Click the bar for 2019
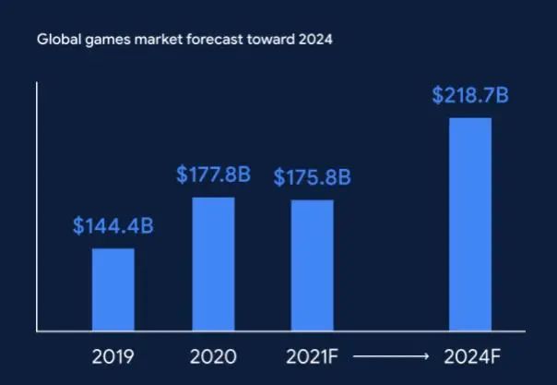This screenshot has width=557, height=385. [x=113, y=289]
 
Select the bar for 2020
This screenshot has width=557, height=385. [x=213, y=264]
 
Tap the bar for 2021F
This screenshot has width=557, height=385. [x=312, y=265]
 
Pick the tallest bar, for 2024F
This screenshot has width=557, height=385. [x=469, y=223]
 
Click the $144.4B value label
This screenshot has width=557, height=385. [x=113, y=225]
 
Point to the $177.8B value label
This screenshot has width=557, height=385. [x=213, y=175]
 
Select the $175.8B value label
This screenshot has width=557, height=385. [x=312, y=177]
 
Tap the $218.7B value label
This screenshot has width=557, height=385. [x=469, y=95]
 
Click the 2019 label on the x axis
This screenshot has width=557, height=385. [x=113, y=355]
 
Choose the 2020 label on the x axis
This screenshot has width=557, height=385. [x=213, y=355]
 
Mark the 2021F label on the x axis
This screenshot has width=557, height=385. [x=312, y=355]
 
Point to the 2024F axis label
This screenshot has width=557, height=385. [x=469, y=355]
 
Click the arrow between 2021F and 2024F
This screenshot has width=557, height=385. [x=390, y=355]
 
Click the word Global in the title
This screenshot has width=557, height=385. [x=54, y=41]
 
